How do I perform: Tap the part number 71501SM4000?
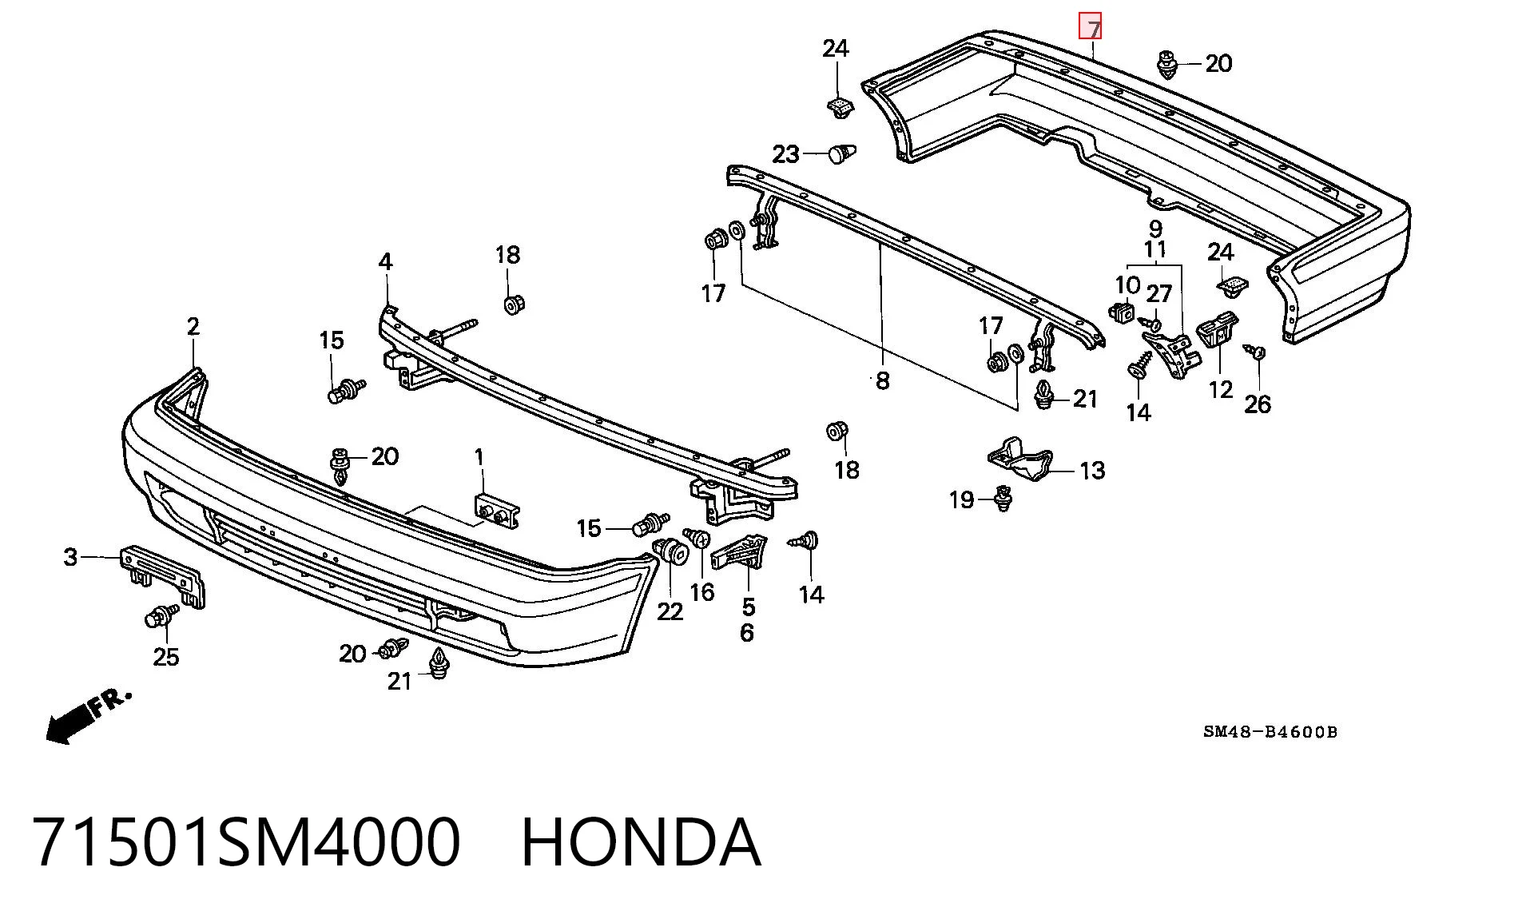(247, 841)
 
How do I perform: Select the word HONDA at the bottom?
(641, 841)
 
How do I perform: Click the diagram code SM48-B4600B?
(1270, 731)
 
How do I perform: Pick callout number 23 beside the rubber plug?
(786, 153)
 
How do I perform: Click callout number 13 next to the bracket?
(1092, 470)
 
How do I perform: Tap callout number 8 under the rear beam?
(882, 380)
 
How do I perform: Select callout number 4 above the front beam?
(386, 261)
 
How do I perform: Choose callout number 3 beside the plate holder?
(71, 557)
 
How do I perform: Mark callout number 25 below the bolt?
(166, 657)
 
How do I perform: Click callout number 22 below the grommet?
(670, 611)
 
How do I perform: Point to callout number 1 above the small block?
(479, 457)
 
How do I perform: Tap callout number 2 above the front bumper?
(193, 326)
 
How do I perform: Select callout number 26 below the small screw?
(1258, 404)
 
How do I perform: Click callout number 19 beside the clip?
(962, 500)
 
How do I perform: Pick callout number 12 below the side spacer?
(1221, 389)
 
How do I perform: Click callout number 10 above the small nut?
(1127, 285)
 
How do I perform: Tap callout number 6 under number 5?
(747, 633)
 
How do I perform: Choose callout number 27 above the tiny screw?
(1159, 294)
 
